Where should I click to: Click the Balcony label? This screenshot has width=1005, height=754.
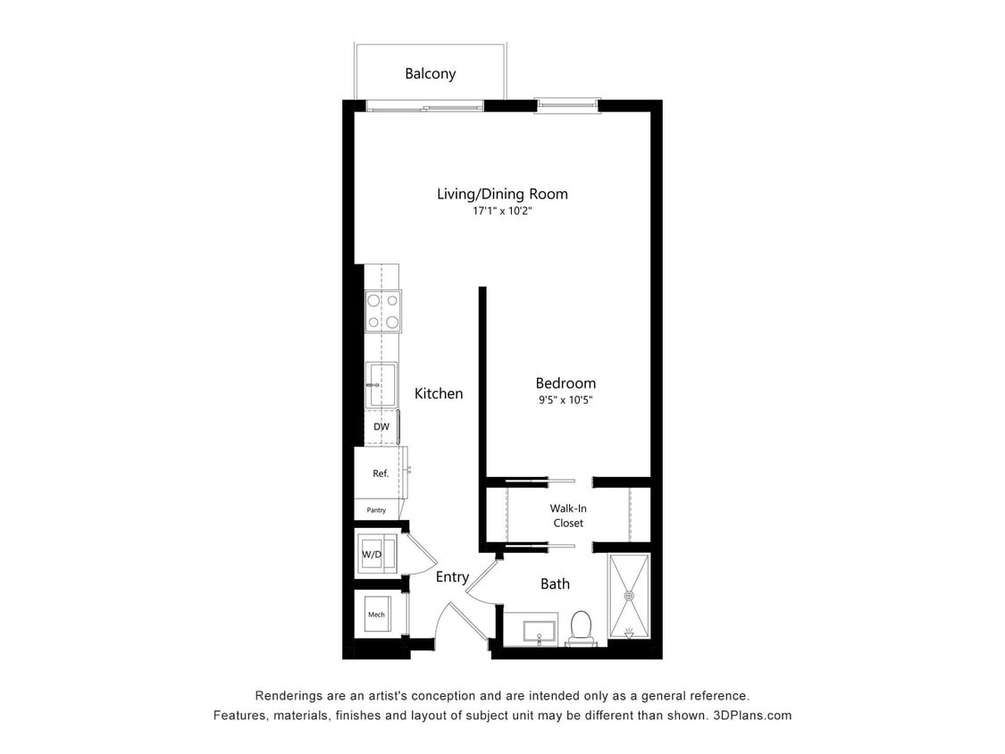coord(430,73)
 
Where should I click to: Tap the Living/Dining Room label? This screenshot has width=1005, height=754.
coord(502,193)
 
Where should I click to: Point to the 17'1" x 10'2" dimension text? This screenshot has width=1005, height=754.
coord(502,213)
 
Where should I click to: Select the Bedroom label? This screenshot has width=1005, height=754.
coord(565,383)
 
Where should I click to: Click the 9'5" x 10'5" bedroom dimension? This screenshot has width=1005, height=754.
coord(565,400)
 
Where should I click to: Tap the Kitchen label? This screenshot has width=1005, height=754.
coord(439,393)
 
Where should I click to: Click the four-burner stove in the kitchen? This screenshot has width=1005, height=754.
coord(382,311)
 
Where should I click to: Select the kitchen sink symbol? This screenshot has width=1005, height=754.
coord(381,385)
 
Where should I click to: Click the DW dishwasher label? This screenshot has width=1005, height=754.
coord(381,427)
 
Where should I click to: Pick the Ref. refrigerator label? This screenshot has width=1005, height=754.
coord(381,473)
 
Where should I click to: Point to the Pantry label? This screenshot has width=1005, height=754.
coord(376,510)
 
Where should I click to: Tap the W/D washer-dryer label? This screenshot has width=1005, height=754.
coord(372,555)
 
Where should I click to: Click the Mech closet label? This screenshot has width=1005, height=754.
coord(376,615)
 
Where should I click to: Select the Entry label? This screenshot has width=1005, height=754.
coord(452,577)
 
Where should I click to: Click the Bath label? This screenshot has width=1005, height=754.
coord(555,584)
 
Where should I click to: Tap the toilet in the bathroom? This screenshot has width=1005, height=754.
coord(581,626)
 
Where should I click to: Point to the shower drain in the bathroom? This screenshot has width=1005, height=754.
coord(630,594)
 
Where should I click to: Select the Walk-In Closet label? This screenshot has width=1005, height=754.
coord(568,515)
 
